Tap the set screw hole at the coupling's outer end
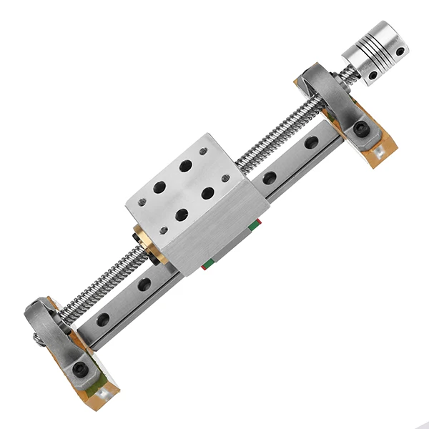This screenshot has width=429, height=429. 400,51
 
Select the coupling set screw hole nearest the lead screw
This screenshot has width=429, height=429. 373,74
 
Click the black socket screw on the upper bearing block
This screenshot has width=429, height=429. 362,129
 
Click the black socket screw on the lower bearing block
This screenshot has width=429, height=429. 79,369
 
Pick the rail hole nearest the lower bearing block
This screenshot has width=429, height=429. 104,319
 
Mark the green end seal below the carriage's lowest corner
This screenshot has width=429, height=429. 207,264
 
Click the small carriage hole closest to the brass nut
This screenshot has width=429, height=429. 164,230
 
